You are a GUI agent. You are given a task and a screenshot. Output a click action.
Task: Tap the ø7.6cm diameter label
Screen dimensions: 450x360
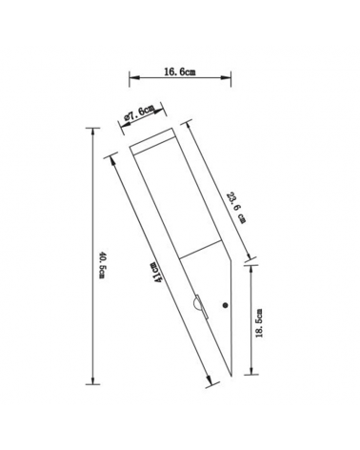(140, 114)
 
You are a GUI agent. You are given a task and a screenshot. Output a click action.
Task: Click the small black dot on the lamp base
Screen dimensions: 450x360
(225, 305)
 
